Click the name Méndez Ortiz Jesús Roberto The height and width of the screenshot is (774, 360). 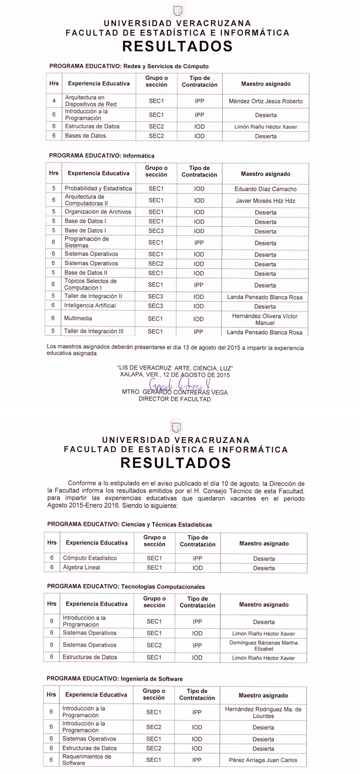click(266, 101)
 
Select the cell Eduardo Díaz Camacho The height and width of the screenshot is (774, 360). click(266, 189)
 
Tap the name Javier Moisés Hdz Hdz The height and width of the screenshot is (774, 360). click(266, 201)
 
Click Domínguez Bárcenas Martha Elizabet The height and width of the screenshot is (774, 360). click(263, 646)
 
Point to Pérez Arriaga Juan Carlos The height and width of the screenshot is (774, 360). click(263, 760)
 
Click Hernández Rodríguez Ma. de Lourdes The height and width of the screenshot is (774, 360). click(263, 713)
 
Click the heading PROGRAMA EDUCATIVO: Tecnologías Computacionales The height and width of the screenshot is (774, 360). click(126, 587)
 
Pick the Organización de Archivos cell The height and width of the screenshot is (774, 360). click(98, 212)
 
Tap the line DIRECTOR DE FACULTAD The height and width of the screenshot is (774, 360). click(175, 399)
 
